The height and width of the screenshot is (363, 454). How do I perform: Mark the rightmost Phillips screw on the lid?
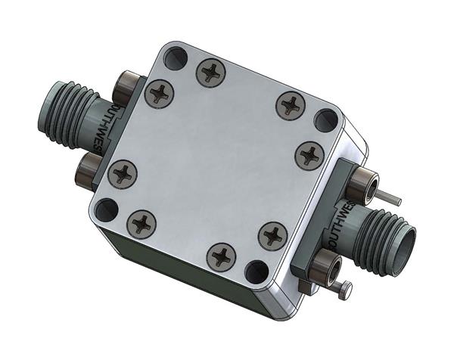click(x=309, y=155)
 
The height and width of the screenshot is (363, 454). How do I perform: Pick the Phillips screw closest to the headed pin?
click(x=271, y=235)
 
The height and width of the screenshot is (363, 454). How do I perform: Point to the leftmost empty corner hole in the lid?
click(x=107, y=209)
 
